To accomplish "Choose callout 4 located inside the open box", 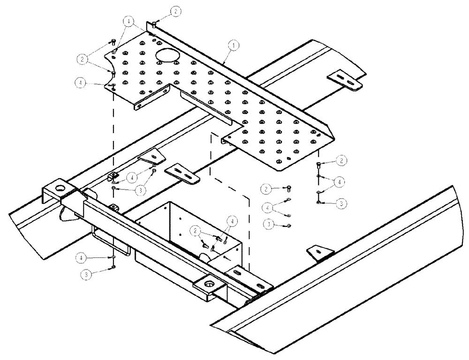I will (231, 220).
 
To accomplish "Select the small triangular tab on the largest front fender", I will (319, 253).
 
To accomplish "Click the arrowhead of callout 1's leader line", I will (225, 63).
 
